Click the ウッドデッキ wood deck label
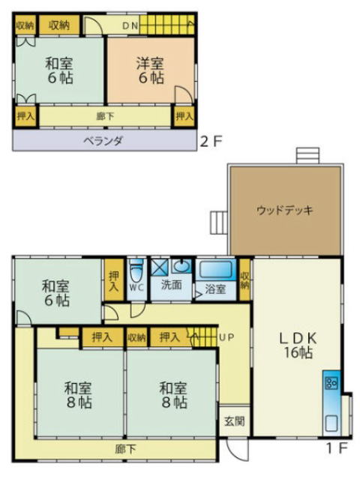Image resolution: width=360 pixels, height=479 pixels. click(x=284, y=210)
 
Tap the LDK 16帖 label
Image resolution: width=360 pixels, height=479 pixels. click(x=298, y=346)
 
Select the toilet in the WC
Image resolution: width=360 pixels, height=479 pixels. click(x=136, y=271)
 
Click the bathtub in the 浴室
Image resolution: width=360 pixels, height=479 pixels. click(x=216, y=269)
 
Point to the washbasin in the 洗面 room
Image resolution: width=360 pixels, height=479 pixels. click(x=181, y=266)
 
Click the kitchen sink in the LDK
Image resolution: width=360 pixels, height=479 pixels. click(x=332, y=423)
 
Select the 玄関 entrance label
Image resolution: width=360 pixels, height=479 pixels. click(x=235, y=421)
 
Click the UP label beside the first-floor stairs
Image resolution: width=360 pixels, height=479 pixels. click(x=226, y=337)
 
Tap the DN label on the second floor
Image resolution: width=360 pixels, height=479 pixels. click(x=130, y=25)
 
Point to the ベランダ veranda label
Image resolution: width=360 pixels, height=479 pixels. click(x=103, y=141)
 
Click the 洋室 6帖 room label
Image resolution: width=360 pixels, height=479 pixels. click(x=150, y=70)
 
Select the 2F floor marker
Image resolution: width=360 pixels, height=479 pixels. click(x=211, y=141)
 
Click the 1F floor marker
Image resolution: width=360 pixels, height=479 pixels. click(x=337, y=448)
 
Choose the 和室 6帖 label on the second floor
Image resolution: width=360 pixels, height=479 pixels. click(x=59, y=70)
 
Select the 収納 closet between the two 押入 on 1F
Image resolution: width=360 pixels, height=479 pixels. click(x=136, y=337)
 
